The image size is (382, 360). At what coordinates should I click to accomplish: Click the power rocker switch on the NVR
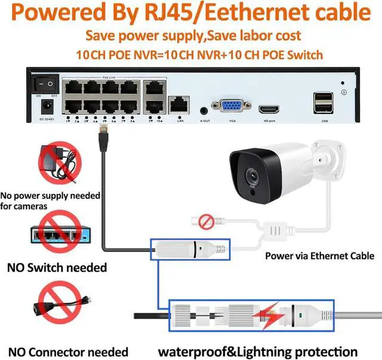[x=45, y=84]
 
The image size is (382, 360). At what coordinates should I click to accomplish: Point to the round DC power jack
[x=45, y=107]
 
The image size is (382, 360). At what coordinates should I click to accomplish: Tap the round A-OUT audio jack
[x=205, y=110]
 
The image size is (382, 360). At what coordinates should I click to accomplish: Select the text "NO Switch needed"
[x=57, y=267]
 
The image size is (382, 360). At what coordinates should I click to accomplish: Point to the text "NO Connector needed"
[x=68, y=352]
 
